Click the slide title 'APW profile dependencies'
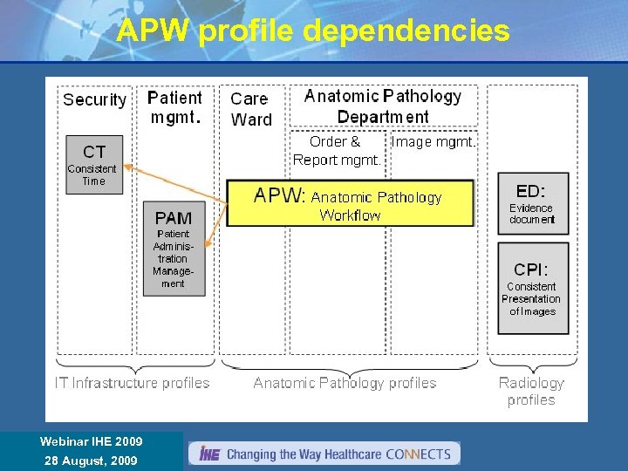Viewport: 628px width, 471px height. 313,31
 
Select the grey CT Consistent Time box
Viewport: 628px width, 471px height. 94,164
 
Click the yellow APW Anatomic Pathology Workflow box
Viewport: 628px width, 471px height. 350,203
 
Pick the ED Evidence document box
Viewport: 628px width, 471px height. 532,203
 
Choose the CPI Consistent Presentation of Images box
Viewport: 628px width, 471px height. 532,288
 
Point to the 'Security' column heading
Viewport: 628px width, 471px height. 94,99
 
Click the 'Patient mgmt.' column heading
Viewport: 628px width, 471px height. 174,107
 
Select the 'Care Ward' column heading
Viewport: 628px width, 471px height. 251,109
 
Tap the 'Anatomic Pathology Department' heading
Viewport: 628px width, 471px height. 383,106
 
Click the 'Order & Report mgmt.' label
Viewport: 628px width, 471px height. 337,150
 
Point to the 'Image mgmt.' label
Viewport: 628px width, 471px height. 433,141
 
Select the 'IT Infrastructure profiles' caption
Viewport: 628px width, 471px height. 133,383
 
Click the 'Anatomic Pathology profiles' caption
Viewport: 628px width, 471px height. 345,383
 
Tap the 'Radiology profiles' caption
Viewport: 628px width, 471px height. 531,391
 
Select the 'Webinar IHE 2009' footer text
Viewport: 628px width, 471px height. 91,442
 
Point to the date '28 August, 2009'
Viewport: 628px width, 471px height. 91,460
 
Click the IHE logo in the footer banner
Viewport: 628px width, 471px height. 209,454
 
